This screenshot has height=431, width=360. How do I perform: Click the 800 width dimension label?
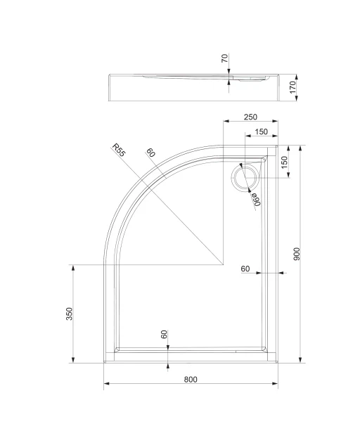point(191,380)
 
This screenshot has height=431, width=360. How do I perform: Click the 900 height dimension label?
point(297,254)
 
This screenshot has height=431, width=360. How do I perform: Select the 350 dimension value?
point(69,314)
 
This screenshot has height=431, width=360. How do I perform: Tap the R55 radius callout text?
point(119,150)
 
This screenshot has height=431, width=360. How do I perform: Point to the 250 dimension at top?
point(250,117)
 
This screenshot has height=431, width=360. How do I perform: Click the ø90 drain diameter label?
point(256,199)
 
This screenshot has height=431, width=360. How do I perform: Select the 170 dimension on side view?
point(293,87)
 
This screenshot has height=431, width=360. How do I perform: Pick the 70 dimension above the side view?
point(225,58)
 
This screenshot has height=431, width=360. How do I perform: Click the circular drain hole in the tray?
point(245,178)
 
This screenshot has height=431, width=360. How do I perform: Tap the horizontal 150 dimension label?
point(261,132)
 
